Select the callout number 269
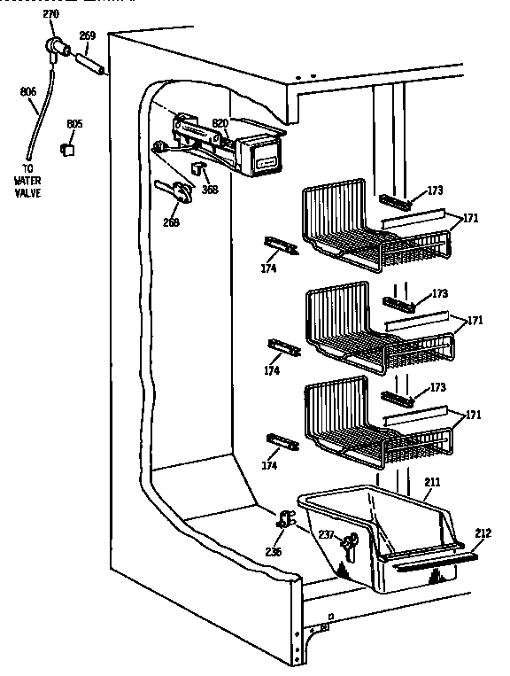coord(88,36)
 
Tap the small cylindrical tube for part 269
coord(92,64)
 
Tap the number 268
coord(171,222)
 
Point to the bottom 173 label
coord(437,387)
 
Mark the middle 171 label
coord(475,320)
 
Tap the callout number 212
coord(482,532)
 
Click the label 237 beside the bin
coord(326,533)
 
